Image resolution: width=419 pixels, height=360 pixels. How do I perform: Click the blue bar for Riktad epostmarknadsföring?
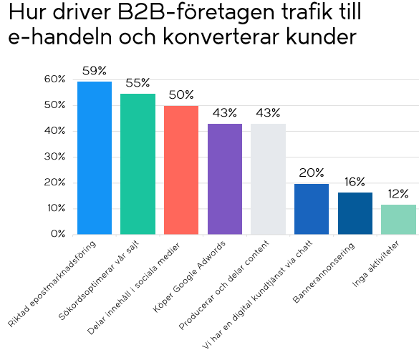click(x=95, y=158)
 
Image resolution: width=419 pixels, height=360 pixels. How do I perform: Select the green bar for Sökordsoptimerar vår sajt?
click(x=138, y=164)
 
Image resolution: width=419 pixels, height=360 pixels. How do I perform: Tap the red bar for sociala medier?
click(x=181, y=170)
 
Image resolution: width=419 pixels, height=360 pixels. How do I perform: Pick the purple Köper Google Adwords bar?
click(x=225, y=179)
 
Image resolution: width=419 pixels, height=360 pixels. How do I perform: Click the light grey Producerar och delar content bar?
click(x=268, y=179)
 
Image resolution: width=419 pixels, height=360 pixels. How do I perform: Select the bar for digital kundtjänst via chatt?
click(x=312, y=209)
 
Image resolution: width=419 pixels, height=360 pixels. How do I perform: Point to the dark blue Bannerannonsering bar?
click(x=355, y=213)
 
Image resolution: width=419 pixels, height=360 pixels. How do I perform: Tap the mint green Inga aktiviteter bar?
click(x=398, y=219)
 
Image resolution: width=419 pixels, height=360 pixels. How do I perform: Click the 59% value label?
click(x=95, y=71)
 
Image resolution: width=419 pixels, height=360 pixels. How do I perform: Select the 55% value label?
click(x=138, y=83)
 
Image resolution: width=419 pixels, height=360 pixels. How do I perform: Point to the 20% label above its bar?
click(x=312, y=172)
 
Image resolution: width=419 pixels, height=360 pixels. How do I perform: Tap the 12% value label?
click(x=398, y=193)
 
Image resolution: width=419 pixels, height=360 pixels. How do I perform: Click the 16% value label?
click(x=355, y=182)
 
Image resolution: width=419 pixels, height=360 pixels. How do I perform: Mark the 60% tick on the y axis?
click(x=55, y=79)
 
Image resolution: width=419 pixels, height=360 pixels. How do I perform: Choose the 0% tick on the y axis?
click(x=58, y=234)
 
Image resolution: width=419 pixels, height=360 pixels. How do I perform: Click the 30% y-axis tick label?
click(x=55, y=157)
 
